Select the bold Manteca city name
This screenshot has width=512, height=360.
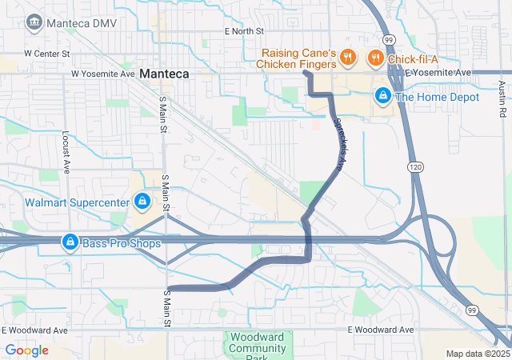point(164,74)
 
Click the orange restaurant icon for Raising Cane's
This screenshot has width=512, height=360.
point(347,57)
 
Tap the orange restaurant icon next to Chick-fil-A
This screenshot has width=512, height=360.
point(374,57)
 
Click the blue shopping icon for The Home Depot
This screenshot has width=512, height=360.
point(383,97)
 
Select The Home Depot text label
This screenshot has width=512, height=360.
point(437,97)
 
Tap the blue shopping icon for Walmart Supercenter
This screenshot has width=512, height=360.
point(142,202)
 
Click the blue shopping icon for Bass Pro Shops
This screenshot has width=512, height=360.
point(70,242)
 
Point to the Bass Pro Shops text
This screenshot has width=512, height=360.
point(122,242)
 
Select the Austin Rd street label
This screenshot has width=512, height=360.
point(502,103)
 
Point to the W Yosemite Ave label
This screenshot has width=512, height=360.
point(102,74)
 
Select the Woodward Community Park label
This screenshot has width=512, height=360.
point(253,344)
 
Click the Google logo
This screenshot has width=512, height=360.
point(26,350)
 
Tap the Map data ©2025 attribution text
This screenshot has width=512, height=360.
point(477,354)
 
